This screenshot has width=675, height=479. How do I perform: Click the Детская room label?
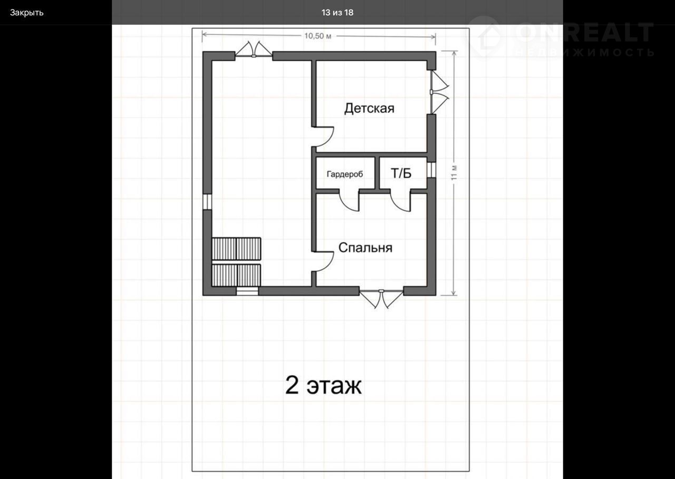coord(369,109)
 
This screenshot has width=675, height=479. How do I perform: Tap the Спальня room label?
coord(365,248)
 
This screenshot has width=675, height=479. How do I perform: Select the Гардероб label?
coord(345,174)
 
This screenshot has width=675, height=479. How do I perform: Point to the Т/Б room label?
coord(401,173)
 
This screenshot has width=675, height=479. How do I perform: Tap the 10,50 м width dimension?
coord(317,36)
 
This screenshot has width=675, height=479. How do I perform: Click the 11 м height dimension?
coord(454,173)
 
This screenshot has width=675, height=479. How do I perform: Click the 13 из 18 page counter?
coord(337,13)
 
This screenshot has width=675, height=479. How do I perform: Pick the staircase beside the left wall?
coord(236,262)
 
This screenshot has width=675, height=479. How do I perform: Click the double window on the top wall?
coord(254,50)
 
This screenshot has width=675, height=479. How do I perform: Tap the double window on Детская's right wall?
coord(439,92)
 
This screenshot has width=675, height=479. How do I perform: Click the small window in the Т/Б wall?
coord(431,170)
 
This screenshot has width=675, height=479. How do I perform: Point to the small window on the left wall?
coord(207,202)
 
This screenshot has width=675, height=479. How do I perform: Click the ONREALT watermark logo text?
coord(585,32)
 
